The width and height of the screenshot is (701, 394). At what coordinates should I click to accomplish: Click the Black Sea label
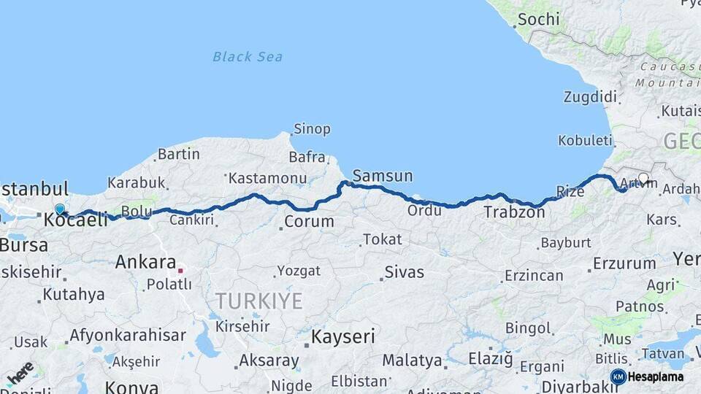248,57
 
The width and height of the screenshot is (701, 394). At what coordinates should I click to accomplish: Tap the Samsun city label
382,176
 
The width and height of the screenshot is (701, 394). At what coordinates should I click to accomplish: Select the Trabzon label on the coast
514,212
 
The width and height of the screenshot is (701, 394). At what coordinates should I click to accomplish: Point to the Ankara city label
145,262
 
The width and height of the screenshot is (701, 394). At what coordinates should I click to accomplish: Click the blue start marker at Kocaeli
60,209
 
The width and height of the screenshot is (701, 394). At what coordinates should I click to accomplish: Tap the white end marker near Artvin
643,178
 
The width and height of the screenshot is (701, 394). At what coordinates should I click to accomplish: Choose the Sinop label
312,129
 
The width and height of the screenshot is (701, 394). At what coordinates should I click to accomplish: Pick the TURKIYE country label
258,301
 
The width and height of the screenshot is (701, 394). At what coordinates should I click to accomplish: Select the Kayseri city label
342,336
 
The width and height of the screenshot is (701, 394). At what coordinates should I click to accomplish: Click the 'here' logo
20,372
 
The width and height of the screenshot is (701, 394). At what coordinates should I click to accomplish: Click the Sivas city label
404,272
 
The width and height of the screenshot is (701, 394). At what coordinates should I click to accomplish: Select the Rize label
570,192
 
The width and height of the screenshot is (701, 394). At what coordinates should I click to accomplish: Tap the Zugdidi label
590,97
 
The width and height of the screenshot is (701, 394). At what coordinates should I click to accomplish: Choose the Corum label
309,221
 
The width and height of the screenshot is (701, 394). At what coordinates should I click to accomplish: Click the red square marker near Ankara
180,269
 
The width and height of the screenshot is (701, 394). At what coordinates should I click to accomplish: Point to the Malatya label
412,360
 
